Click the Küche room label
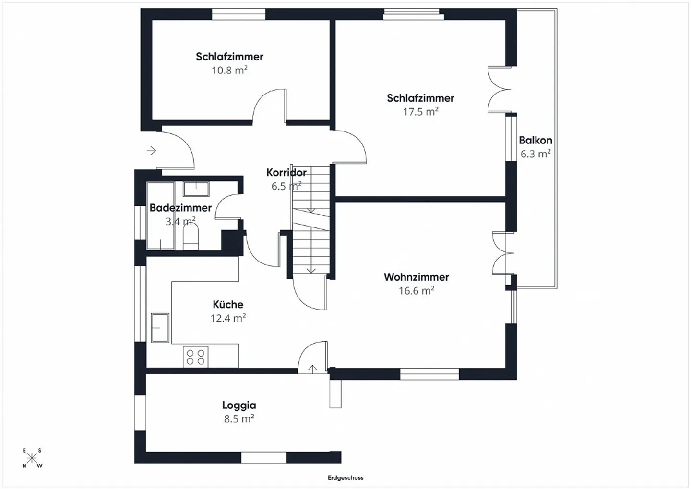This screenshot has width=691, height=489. [228, 304]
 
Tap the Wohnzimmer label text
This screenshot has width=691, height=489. [416, 277]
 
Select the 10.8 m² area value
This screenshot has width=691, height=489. [229, 70]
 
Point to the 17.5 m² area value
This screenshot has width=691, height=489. [420, 111]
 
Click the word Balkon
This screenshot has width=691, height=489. [536, 140]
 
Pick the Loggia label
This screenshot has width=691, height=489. [239, 405]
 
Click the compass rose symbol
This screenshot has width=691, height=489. [32, 458]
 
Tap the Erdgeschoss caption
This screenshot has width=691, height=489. [345, 477]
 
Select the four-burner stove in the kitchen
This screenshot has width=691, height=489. [196, 357]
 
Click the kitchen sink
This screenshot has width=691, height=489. [160, 327]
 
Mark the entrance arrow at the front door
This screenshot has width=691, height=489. [152, 151]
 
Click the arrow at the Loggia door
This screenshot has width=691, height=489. [312, 368]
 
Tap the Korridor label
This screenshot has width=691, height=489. [286, 172]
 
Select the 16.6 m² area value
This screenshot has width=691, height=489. [416, 290]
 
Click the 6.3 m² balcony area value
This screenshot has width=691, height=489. [536, 154]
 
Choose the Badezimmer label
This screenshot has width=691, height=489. [180, 208]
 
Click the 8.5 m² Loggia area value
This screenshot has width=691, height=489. [239, 418]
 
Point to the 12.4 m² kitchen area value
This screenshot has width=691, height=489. [228, 318]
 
